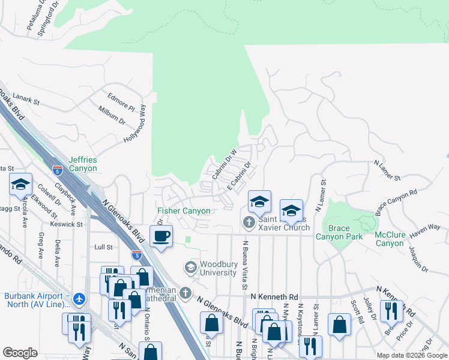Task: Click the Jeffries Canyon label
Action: (82, 164)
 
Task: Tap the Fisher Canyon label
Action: (184, 211)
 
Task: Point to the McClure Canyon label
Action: (390, 239)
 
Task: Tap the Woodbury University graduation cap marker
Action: (191, 268)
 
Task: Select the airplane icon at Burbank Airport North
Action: (79, 298)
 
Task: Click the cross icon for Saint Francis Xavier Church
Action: (249, 223)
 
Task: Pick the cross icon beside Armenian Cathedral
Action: (185, 293)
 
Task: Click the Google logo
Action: (20, 352)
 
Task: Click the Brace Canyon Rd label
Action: (396, 203)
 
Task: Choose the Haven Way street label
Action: (426, 227)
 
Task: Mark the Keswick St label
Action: (67, 224)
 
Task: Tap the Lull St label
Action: (104, 247)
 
